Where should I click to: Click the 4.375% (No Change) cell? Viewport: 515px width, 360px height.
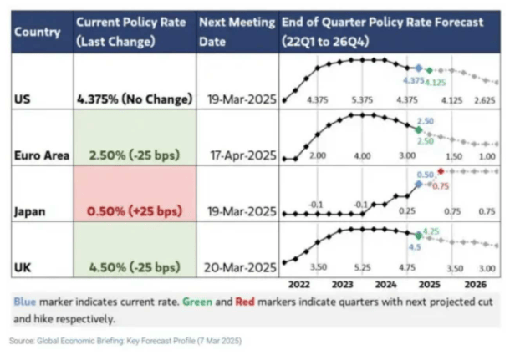[x=135, y=99]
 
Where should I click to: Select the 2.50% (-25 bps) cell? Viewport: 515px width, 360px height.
[x=135, y=155]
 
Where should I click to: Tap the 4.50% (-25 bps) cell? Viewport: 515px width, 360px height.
[x=135, y=266]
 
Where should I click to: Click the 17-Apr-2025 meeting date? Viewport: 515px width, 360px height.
[x=237, y=155]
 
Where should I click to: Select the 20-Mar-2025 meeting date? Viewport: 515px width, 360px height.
[x=237, y=266]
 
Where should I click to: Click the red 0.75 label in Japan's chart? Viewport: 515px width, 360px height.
[x=440, y=186]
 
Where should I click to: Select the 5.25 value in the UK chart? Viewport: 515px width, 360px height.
[x=362, y=269]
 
